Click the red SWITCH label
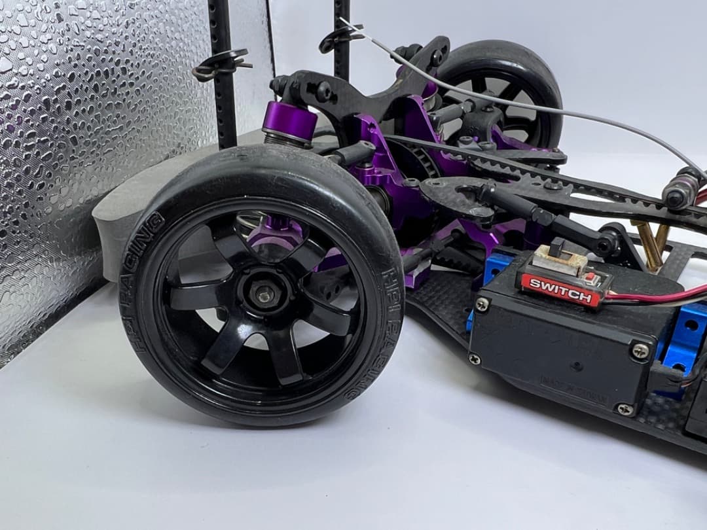pos(560,289)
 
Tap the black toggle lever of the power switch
pos(558,248)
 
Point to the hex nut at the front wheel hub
pos(265,296)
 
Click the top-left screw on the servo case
pos(482,304)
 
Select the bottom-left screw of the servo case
pos(474,358)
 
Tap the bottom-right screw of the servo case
pos(625,409)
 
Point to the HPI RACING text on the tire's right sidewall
pos(386,327)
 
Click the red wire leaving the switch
pos(648,296)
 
